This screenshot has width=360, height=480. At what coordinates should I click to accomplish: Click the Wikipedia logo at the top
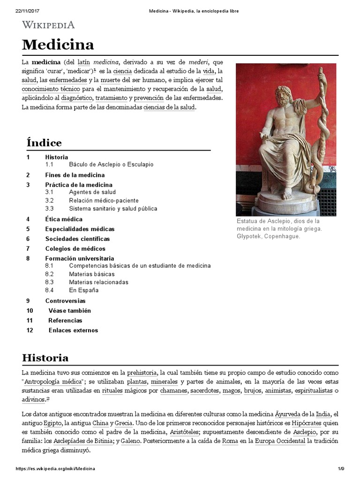[48, 25]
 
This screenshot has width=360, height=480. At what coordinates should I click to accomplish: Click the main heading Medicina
[58, 45]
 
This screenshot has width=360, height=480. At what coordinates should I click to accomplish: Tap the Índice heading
[44, 142]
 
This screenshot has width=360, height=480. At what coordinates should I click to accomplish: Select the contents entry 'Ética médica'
[64, 219]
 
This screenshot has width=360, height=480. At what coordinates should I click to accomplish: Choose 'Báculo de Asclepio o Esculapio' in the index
[111, 165]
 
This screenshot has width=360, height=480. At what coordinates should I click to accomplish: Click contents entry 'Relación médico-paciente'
[104, 201]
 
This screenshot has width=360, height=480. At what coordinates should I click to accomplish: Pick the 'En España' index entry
[83, 290]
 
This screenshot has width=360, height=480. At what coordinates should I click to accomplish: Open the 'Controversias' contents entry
[65, 301]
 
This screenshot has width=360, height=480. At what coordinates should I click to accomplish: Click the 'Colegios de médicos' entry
[75, 249]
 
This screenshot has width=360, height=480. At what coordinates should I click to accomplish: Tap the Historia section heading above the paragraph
[45, 358]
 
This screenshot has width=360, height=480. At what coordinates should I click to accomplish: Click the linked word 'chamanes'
[173, 390]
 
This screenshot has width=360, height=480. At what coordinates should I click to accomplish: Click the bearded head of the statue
[285, 96]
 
